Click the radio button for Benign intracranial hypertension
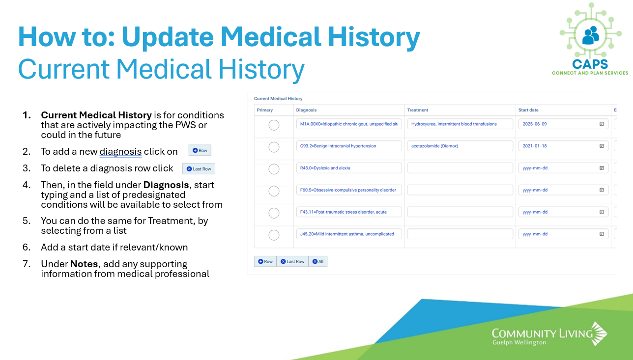coord(274,147)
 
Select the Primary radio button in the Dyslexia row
coord(274,169)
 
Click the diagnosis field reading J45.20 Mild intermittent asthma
coord(349,234)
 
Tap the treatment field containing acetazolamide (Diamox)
coord(460,146)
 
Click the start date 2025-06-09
coord(535,124)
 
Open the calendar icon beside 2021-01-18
coord(602,146)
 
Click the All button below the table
coord(318,261)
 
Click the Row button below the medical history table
coord(265,261)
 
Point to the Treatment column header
coord(418,110)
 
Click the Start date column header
coord(528,110)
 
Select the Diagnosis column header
coord(306,110)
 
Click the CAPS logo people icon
coord(591,35)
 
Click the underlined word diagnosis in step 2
coord(121,152)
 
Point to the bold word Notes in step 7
coord(84,264)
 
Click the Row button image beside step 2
coord(200,150)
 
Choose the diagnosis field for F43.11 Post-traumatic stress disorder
coord(349,212)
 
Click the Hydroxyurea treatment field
coord(460,124)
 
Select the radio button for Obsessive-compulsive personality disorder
coord(274,191)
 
